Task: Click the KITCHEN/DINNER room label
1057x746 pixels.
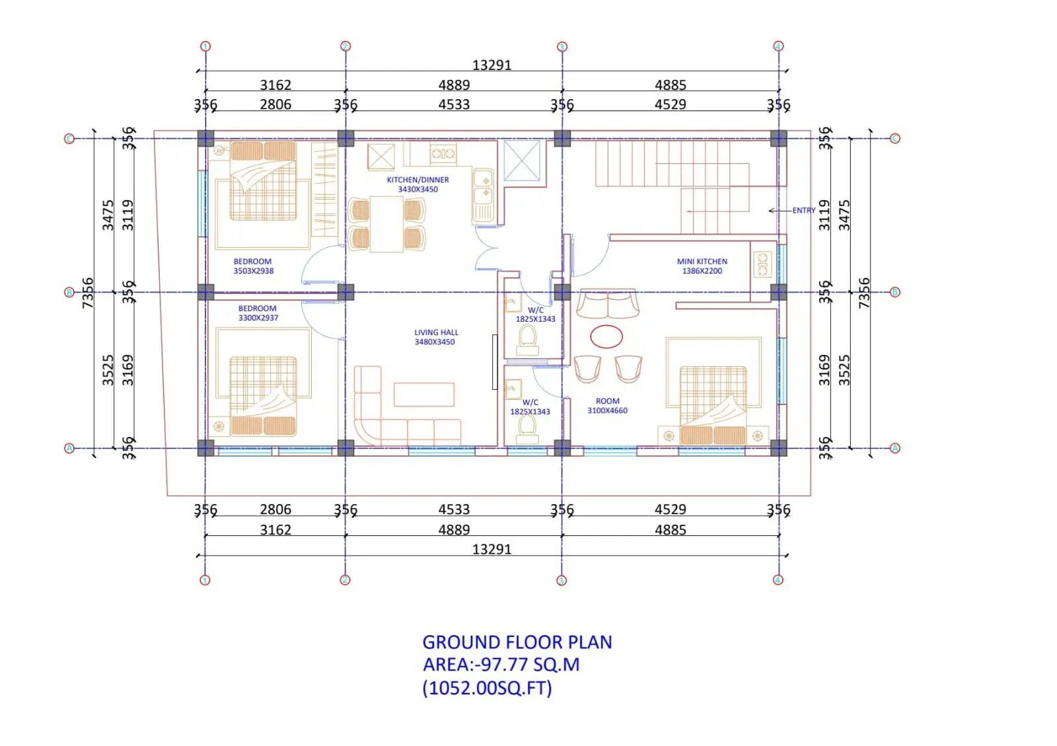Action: point(418,184)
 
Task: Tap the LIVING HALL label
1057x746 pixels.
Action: point(435,337)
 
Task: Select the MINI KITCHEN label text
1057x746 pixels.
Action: point(702,266)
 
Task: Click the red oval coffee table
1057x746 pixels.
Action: point(606,336)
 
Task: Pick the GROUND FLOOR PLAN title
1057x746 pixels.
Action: point(517,642)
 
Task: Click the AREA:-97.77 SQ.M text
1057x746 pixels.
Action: point(501,664)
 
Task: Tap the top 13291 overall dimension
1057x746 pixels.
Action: point(492,65)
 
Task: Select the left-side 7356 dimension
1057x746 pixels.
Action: point(89,293)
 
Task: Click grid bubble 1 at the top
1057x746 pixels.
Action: point(205,46)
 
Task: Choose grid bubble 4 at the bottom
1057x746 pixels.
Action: point(778,580)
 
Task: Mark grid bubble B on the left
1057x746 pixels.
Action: point(69,293)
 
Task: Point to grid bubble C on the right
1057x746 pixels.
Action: point(894,138)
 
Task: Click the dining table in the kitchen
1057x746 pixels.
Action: point(386,224)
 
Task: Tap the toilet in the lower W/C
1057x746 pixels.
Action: point(527,430)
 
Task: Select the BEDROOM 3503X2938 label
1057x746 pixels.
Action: point(254,266)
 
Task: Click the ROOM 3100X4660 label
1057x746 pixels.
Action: point(607,406)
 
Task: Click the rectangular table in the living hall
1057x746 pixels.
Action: point(423,394)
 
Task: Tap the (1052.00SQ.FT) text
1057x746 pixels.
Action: point(487,688)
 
